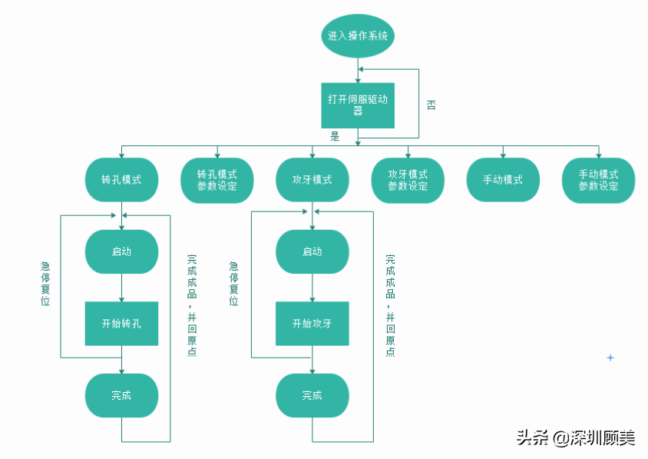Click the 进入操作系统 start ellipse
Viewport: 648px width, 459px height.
tap(358, 36)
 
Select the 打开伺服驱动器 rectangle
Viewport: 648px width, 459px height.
tap(358, 105)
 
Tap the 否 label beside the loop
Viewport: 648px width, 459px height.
tap(431, 105)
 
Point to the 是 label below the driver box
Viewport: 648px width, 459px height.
tap(335, 136)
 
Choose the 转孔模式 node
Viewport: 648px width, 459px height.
tap(121, 180)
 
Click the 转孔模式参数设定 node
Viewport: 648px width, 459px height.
tap(217, 180)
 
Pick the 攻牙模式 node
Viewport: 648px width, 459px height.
tap(312, 180)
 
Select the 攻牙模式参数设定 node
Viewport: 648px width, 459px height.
tap(408, 180)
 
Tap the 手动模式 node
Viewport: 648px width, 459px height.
tap(503, 180)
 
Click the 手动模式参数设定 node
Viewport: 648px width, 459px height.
tap(598, 180)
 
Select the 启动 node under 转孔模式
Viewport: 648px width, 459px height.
tap(121, 251)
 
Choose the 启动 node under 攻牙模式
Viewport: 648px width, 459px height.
tap(312, 251)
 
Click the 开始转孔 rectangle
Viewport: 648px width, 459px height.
tap(121, 324)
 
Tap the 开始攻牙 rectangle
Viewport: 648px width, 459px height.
tap(312, 324)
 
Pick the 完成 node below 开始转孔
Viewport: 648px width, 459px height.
tap(121, 396)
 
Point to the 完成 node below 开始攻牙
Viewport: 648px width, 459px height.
tap(312, 396)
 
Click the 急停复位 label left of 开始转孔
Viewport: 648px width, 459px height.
tap(45, 284)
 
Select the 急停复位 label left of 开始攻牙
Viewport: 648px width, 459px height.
tap(234, 284)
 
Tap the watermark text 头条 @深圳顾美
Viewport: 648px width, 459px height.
tap(576, 438)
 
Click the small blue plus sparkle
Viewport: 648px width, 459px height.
tap(610, 358)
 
